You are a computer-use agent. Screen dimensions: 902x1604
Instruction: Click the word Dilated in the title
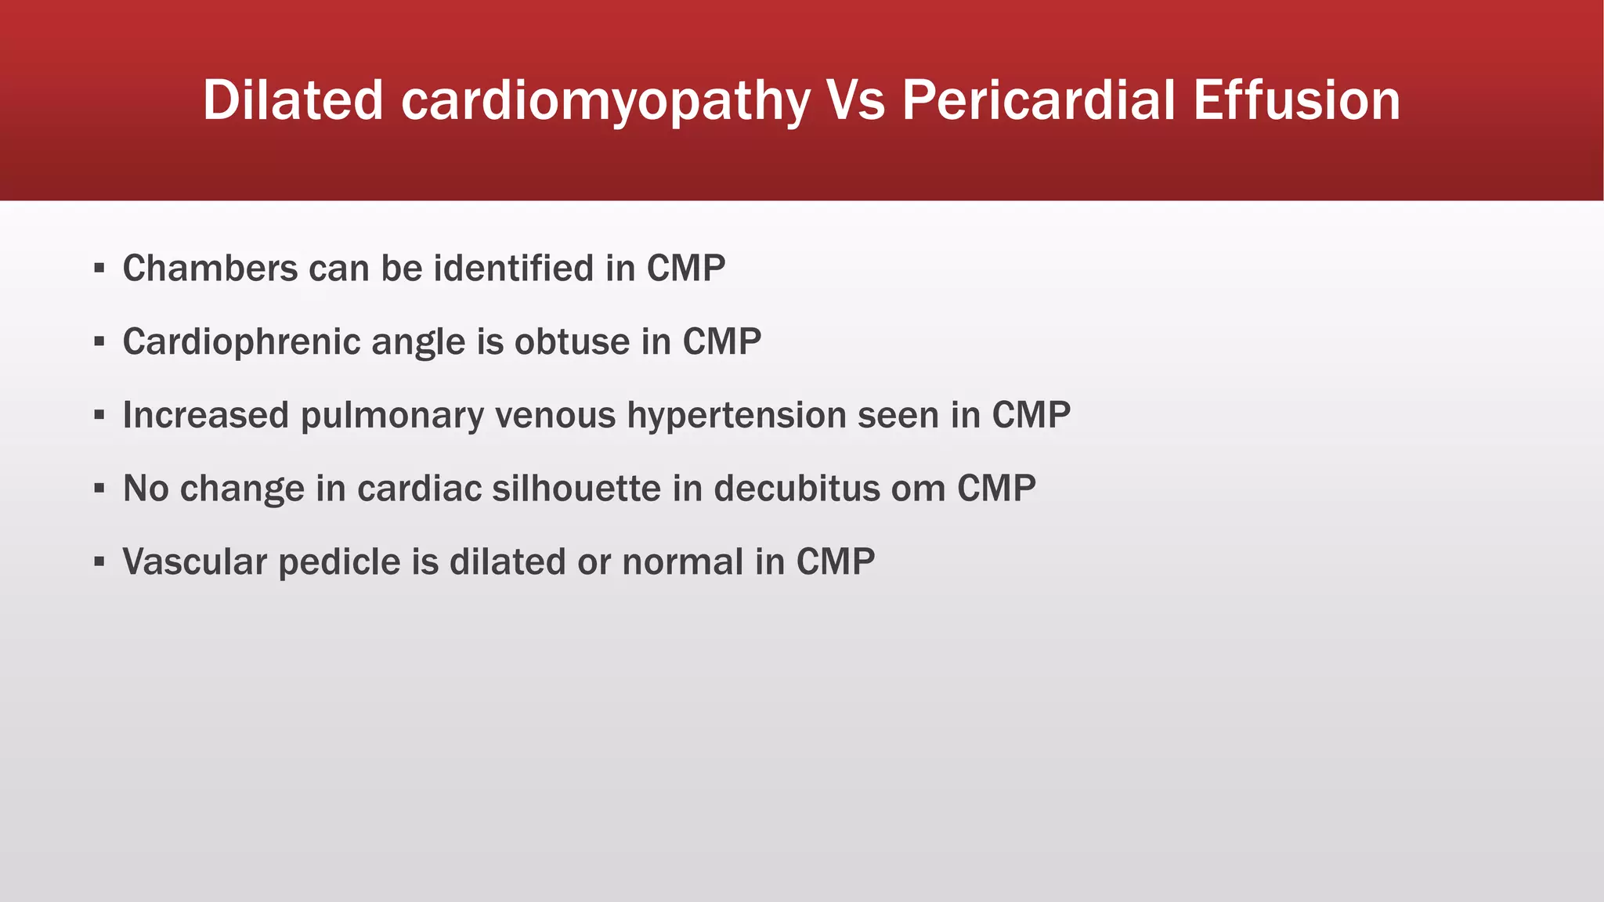(293, 100)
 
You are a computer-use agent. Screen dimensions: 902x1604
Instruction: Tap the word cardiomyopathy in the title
(605, 102)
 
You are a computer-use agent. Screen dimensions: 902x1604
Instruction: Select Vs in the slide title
(855, 100)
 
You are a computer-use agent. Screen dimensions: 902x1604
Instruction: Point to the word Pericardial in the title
(1039, 100)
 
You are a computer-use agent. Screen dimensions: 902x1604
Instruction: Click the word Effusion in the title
(1296, 100)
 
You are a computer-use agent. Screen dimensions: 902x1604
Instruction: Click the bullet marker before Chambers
(99, 269)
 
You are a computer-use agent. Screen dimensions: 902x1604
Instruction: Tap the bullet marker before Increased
(99, 416)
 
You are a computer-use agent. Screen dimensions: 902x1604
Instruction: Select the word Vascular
(194, 562)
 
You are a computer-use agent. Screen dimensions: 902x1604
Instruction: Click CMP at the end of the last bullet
(835, 562)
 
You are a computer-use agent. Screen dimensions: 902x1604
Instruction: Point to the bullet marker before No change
(99, 489)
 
